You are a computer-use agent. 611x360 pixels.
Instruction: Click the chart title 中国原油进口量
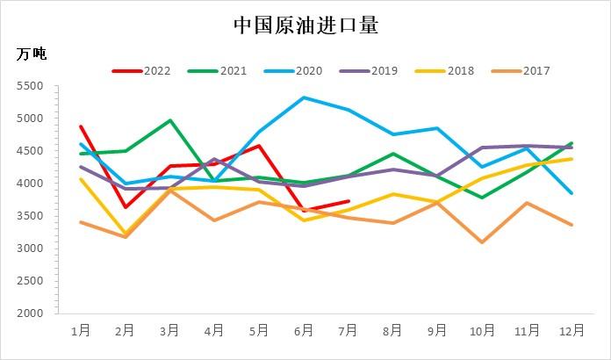click(305, 25)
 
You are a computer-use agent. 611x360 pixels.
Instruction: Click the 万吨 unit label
click(32, 54)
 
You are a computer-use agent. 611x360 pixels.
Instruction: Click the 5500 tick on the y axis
click(30, 86)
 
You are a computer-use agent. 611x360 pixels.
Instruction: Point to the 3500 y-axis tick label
click(30, 216)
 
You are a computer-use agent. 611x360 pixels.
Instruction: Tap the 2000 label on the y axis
click(30, 313)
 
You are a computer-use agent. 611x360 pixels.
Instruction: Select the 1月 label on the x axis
click(81, 331)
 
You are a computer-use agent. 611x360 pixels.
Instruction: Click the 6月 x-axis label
click(304, 331)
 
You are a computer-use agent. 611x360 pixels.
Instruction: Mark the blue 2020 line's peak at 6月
click(304, 97)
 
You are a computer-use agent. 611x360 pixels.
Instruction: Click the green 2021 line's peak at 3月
click(169, 120)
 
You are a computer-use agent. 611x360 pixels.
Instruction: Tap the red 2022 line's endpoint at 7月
click(349, 201)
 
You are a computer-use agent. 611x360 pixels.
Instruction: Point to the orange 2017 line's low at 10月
click(482, 241)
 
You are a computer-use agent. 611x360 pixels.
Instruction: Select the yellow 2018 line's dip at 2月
click(126, 234)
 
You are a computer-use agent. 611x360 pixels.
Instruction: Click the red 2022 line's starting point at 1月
click(81, 126)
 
